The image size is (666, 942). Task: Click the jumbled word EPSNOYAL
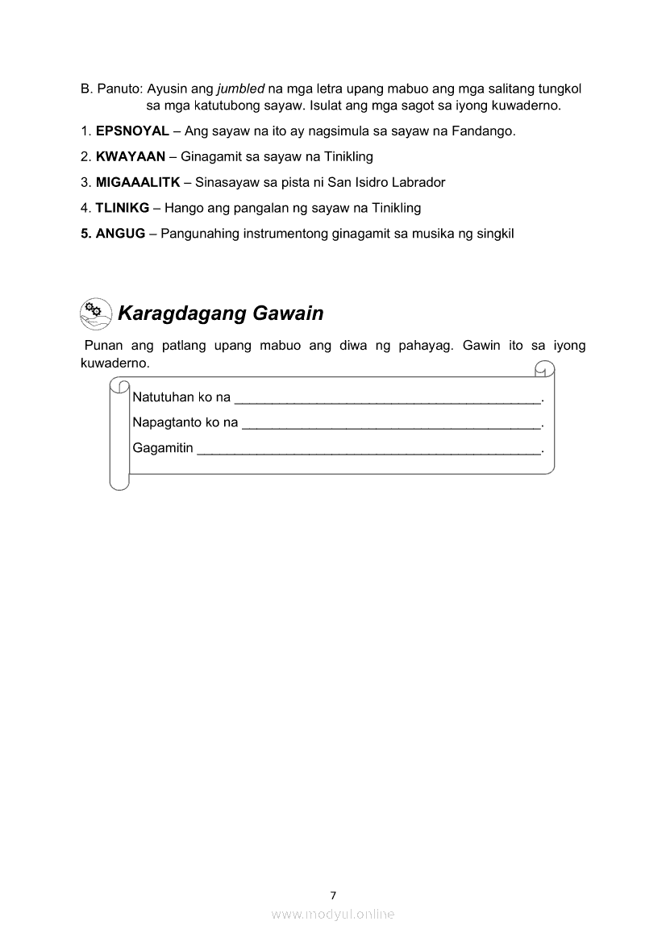coord(132,131)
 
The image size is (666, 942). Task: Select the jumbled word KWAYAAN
coord(131,156)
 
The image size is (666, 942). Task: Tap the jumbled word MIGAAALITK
coord(138,182)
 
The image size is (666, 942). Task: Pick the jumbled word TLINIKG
coord(123,208)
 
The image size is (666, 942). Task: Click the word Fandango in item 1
coord(487,131)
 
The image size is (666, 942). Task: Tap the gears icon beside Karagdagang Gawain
coord(96,313)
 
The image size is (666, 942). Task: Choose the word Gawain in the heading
coord(288,313)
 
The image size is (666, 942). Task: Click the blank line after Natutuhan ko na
coord(387,400)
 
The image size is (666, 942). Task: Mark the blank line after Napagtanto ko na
coord(391,425)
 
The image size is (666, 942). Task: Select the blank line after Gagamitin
coord(368,450)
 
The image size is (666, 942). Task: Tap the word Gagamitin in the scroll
coord(163,448)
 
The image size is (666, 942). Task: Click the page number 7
coord(333,894)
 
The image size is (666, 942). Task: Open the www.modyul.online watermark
coord(333,914)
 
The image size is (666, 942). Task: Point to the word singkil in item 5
coord(495,234)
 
